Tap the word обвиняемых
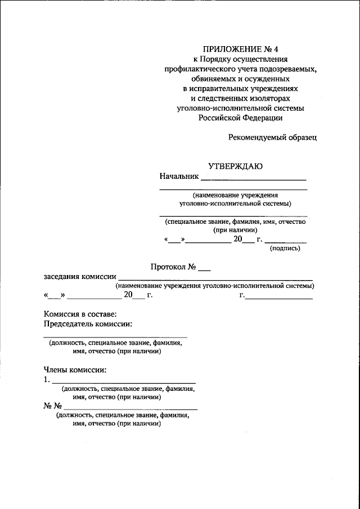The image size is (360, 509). (x=215, y=79)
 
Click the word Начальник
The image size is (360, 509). (x=179, y=176)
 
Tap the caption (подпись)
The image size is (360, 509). (x=285, y=249)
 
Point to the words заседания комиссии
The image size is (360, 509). (x=80, y=276)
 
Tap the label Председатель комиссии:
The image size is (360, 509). (x=88, y=324)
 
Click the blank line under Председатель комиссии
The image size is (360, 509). (x=115, y=336)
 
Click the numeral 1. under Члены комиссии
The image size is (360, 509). (x=47, y=380)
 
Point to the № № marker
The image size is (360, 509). (x=52, y=406)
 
